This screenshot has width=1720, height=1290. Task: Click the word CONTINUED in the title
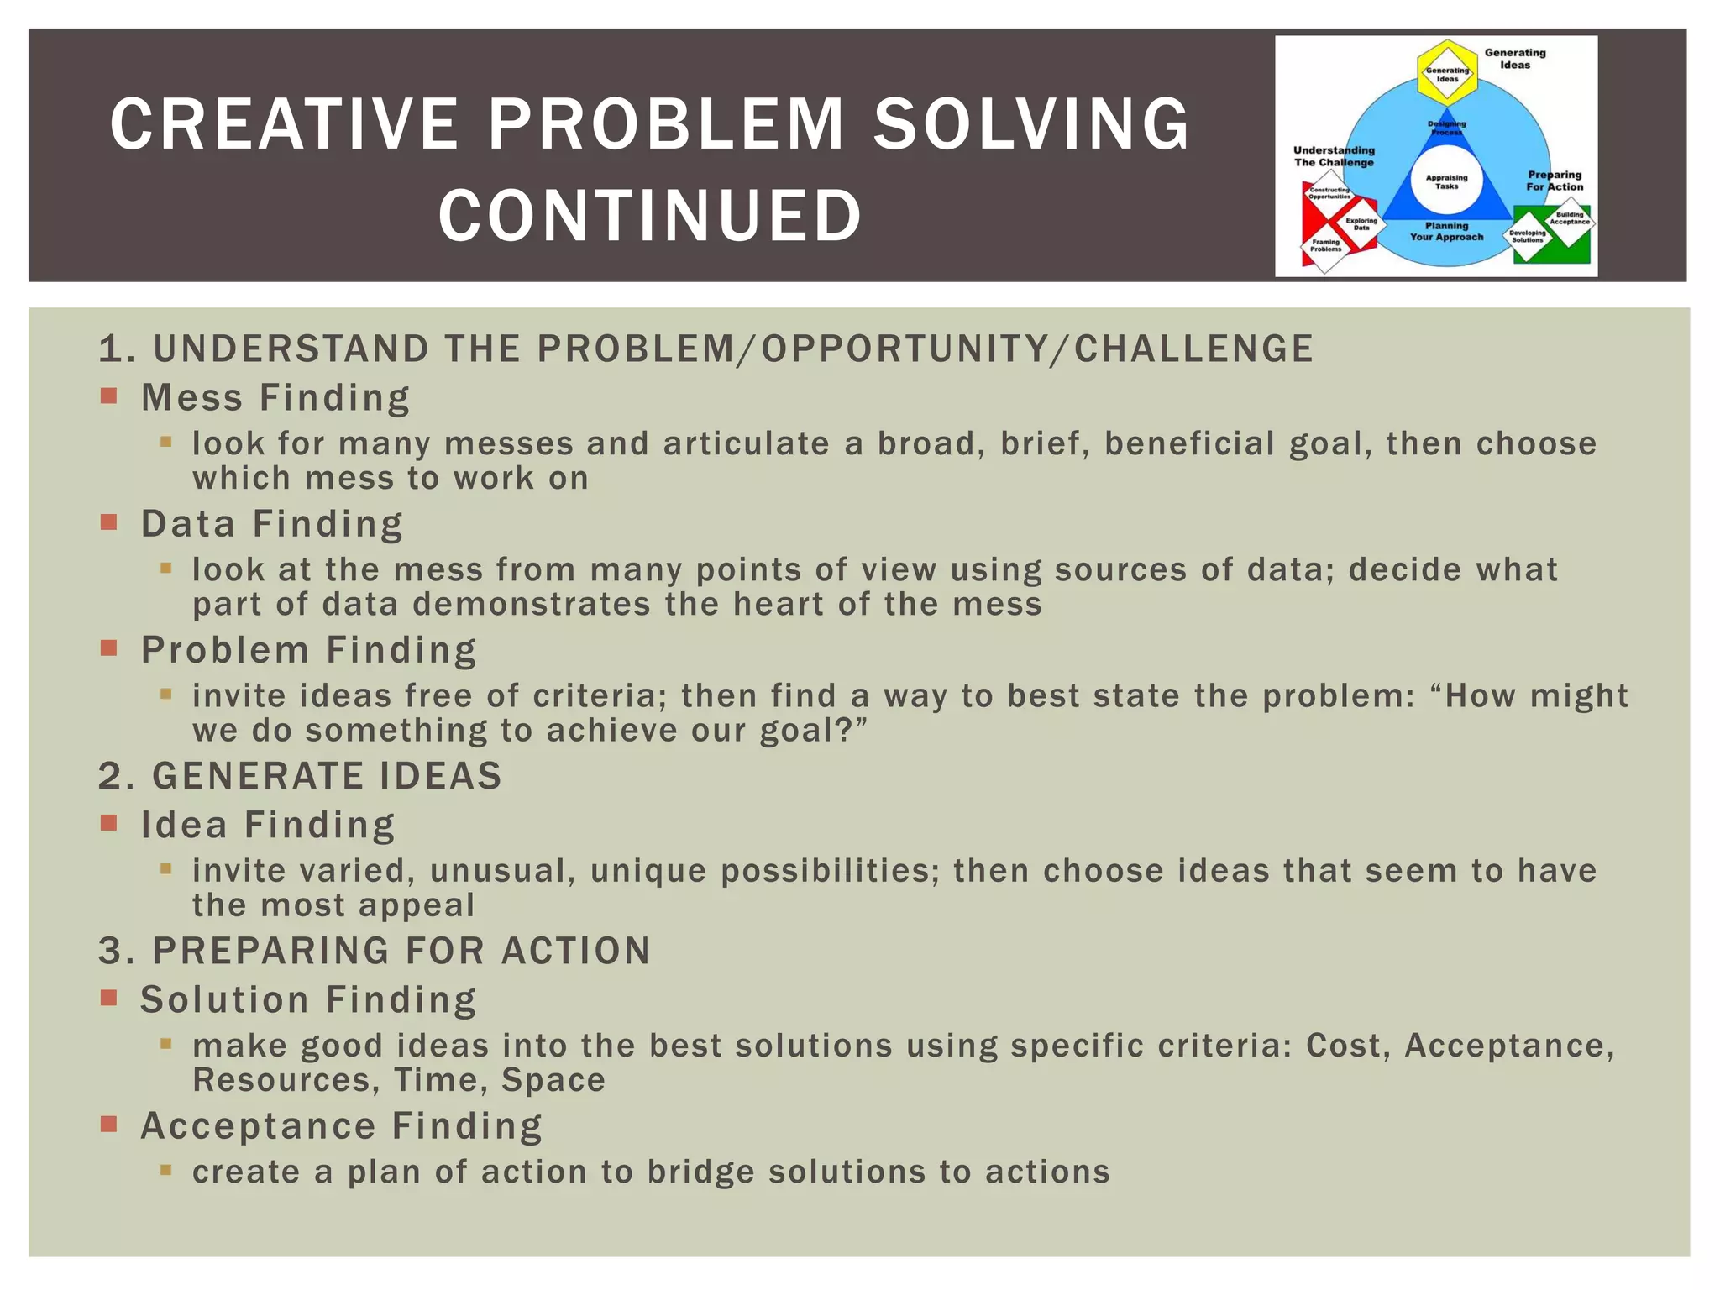(650, 216)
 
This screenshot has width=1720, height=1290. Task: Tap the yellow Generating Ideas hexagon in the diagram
(1447, 74)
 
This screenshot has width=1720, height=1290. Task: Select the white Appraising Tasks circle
(1446, 181)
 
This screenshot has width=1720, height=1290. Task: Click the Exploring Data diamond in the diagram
(1361, 224)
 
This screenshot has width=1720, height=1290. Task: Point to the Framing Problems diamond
(1326, 246)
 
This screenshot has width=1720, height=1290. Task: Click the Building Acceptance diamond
(1570, 218)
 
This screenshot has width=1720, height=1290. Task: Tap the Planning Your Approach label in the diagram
(1446, 232)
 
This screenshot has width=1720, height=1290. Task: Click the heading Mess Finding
(275, 398)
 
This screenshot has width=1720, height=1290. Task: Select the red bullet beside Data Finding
(108, 522)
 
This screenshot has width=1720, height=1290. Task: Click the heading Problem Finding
(308, 650)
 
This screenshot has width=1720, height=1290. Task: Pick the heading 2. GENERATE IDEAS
(300, 776)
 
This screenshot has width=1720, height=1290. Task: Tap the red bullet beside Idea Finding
(108, 823)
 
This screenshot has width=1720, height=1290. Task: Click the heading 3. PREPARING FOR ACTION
(375, 951)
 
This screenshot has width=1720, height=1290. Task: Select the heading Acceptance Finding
(341, 1126)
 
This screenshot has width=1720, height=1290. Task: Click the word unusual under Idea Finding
(502, 871)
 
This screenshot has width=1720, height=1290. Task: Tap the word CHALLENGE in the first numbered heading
(1193, 349)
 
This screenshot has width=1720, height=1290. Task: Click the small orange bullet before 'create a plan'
(165, 1169)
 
